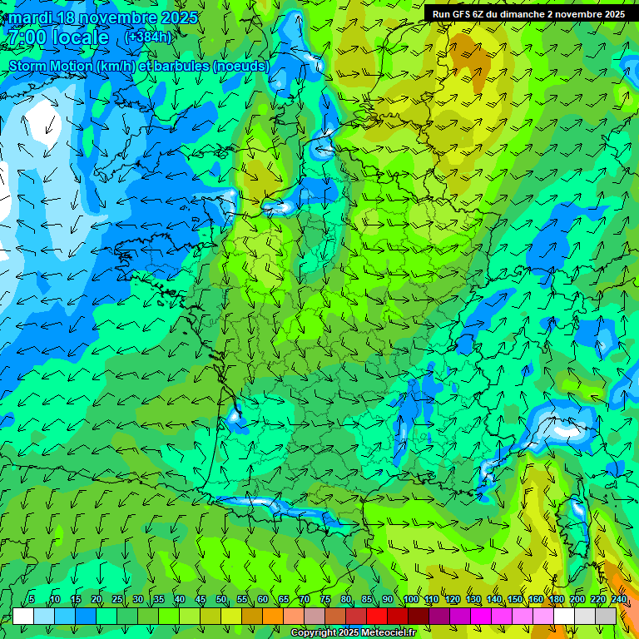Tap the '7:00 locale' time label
[58, 37]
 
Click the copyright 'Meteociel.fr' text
[354, 633]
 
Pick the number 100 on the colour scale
[410, 600]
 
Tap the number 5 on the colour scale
[32, 600]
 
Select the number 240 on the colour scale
[618, 600]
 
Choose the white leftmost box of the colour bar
[23, 616]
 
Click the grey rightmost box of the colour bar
[606, 616]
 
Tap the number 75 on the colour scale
[325, 600]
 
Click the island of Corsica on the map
[577, 520]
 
